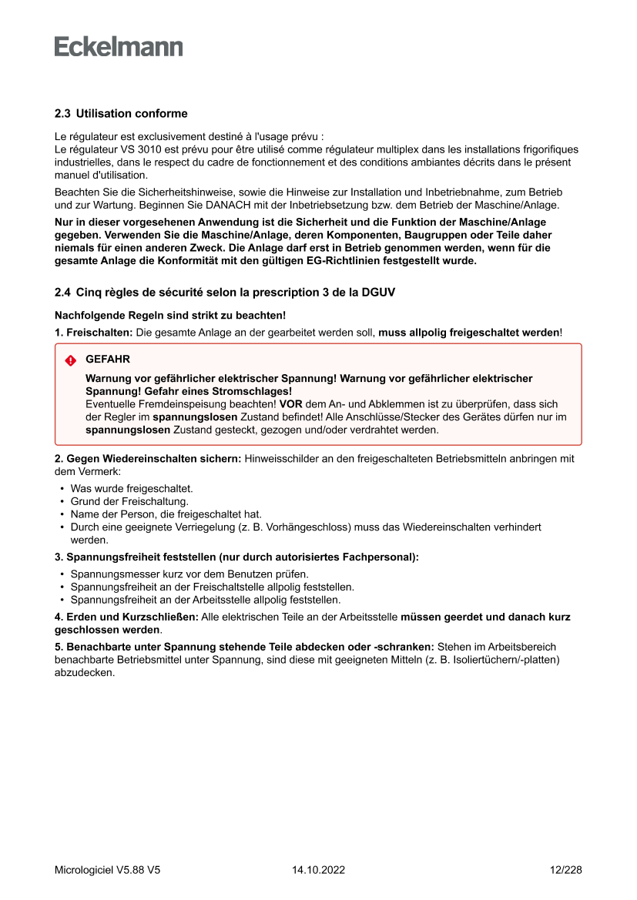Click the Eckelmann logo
(x=119, y=47)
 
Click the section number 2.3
(x=62, y=114)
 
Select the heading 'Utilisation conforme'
(x=132, y=114)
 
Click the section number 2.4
(x=62, y=293)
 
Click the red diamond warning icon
(x=71, y=360)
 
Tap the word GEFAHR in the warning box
(x=108, y=360)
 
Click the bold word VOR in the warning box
(x=291, y=404)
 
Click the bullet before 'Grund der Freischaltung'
(x=62, y=502)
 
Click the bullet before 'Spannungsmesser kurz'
(x=62, y=574)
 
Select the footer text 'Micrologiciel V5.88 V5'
(x=107, y=870)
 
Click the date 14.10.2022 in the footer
(x=318, y=870)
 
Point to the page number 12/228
(x=565, y=870)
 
